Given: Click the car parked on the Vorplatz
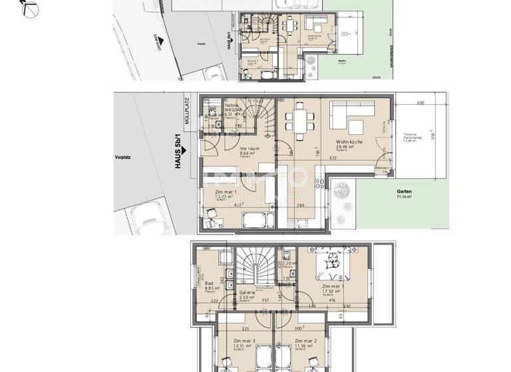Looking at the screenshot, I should pos(148,215).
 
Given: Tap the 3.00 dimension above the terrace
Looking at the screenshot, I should pos(419,103).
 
